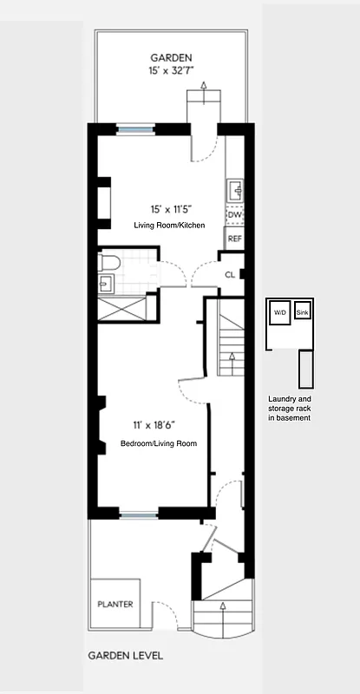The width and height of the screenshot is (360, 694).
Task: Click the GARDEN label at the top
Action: coord(169,57)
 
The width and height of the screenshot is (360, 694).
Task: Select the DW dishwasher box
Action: coord(234,214)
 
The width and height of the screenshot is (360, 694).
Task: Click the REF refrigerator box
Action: coord(234,238)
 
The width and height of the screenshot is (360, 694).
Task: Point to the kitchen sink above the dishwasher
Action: coord(234,190)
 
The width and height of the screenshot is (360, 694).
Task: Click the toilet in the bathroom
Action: coord(108,261)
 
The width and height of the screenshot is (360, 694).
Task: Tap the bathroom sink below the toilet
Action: coord(106,283)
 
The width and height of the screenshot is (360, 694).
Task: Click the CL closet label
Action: coord(230,274)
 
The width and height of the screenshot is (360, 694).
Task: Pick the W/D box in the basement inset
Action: coord(280,312)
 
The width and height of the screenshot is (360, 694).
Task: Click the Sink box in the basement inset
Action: coord(302,312)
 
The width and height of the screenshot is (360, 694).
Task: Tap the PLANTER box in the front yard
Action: coord(115,605)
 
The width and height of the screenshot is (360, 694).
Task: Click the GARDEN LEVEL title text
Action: coord(125,657)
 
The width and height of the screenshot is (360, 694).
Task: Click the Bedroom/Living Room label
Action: coord(158,443)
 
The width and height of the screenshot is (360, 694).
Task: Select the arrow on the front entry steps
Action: coord(222,606)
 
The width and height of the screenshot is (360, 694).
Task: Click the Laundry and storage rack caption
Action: coord(290,409)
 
